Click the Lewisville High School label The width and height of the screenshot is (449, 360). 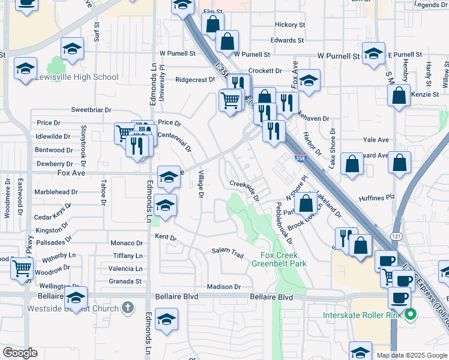(77, 77)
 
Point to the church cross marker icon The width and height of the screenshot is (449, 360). (127, 308)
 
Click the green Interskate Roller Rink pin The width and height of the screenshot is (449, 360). (411, 314)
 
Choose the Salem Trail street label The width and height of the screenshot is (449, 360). (228, 252)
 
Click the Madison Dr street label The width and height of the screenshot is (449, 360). (223, 287)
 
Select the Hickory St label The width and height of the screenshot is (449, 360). (290, 25)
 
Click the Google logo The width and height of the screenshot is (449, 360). (20, 353)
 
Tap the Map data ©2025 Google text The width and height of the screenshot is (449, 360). (412, 355)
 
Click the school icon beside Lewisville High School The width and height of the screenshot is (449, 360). (26, 69)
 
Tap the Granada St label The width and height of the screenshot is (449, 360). (125, 281)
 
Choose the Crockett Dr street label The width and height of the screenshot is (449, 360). (265, 70)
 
